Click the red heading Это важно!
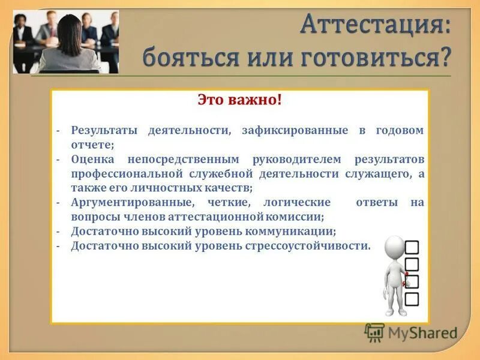pyautogui.click(x=239, y=100)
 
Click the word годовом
pyautogui.click(x=400, y=130)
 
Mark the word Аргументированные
pyautogui.click(x=131, y=203)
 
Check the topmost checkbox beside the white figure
pyautogui.click(x=412, y=247)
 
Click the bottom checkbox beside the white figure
pyautogui.click(x=412, y=298)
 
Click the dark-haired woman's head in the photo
pyautogui.click(x=68, y=28)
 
